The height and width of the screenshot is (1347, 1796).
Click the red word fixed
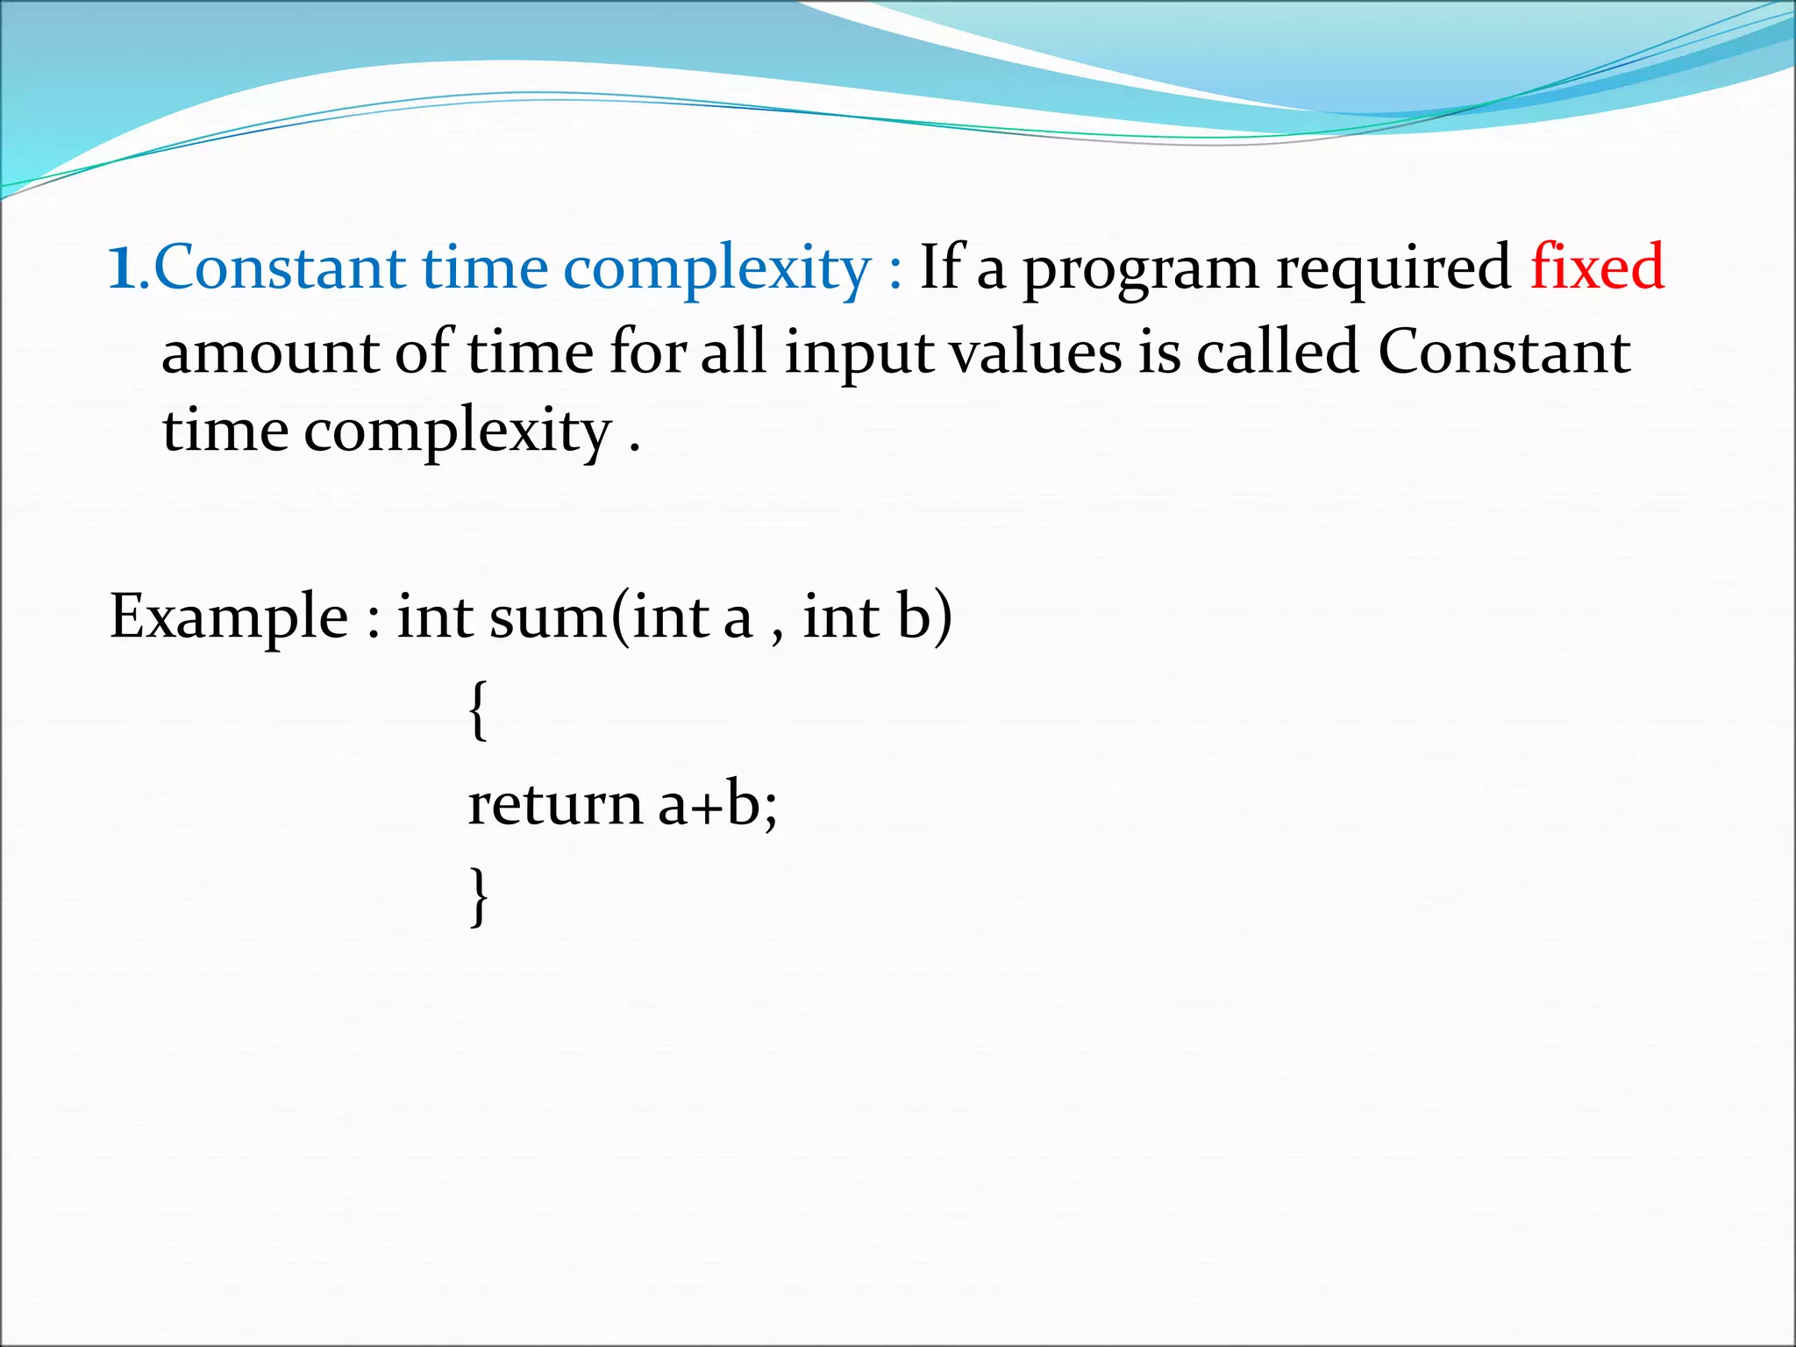[x=1597, y=267]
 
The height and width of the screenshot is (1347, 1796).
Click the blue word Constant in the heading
[x=279, y=267]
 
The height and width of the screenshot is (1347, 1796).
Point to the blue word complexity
[x=716, y=270]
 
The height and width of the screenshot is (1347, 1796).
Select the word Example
[x=229, y=617]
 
